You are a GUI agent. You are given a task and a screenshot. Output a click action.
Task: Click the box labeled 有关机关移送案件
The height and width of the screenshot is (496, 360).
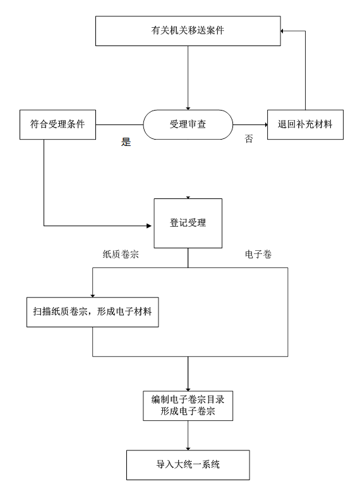(188, 31)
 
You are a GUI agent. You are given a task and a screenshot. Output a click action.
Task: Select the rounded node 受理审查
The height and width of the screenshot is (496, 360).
(188, 124)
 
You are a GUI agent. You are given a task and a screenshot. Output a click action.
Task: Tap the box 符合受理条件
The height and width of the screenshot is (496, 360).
(57, 124)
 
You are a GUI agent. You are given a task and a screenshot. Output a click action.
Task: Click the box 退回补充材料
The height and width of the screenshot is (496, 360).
(305, 124)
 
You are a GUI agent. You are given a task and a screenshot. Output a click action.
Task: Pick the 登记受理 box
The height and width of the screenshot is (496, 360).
(188, 223)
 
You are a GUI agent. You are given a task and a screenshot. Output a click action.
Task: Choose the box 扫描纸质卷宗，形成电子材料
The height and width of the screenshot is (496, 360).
(93, 312)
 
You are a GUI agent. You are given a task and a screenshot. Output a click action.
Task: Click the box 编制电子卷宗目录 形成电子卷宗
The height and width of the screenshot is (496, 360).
(188, 406)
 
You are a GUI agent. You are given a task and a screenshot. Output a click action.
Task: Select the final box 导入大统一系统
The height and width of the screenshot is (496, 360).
(188, 465)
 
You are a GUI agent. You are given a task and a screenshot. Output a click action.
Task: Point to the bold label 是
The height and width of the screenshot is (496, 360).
(126, 142)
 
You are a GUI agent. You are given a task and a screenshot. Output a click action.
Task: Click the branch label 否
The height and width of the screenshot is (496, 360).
(249, 138)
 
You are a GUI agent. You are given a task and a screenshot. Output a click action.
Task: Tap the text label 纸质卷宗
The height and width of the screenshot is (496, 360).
(121, 255)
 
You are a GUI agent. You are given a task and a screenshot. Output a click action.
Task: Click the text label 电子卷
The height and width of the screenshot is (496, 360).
(258, 255)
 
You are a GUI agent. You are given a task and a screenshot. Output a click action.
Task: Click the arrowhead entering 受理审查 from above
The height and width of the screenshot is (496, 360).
(188, 109)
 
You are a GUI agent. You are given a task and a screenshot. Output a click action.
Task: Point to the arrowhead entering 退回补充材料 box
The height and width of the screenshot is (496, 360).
(266, 124)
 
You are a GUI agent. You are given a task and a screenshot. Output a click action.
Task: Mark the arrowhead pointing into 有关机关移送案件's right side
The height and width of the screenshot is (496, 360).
(282, 31)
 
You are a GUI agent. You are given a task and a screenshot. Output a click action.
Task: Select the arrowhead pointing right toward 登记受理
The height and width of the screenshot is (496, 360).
(150, 226)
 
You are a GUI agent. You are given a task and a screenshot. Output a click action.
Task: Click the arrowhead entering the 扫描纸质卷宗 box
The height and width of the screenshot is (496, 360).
(93, 296)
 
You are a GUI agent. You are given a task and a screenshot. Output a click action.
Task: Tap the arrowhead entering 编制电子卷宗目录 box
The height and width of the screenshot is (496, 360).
(188, 390)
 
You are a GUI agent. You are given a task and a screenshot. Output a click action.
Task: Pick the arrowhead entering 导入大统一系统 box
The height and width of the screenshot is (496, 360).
(188, 449)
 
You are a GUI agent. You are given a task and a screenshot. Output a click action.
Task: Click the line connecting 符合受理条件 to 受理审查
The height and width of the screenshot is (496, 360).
(119, 124)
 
